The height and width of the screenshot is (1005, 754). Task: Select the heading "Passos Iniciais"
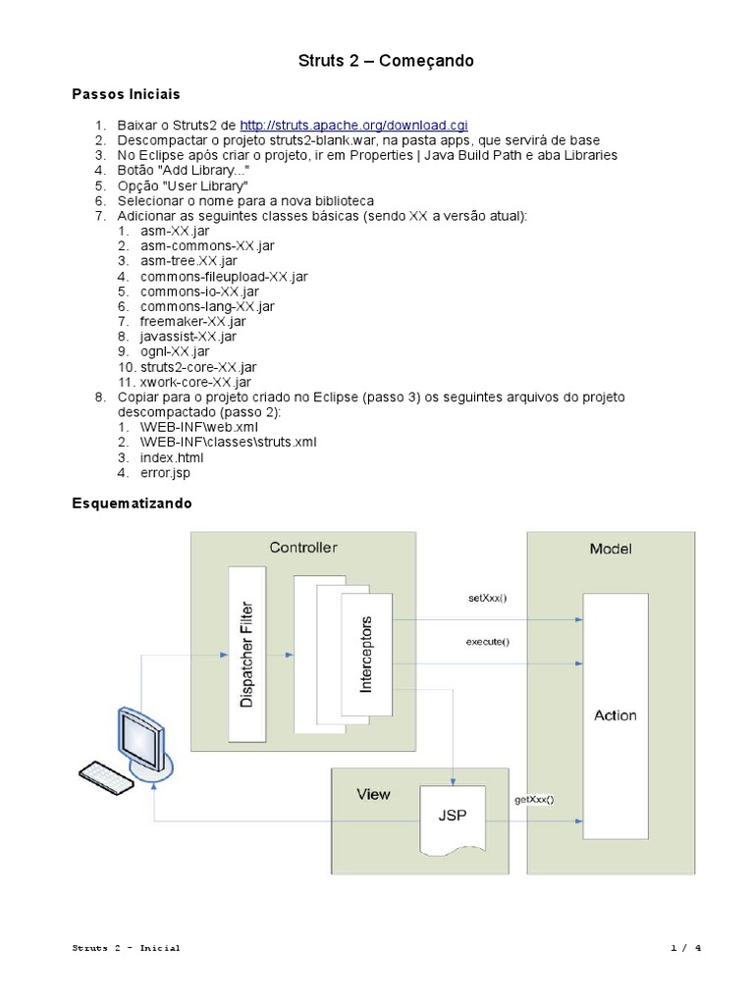(127, 94)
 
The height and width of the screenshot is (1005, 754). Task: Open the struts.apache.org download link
(353, 126)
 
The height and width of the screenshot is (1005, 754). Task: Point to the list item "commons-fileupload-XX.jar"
(224, 277)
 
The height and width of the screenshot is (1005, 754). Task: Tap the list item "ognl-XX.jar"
(175, 351)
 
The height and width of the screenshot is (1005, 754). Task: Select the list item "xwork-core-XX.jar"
(195, 382)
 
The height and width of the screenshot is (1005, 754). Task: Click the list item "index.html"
(172, 457)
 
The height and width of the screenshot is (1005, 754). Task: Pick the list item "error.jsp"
(165, 473)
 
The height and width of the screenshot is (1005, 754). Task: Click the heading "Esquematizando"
(133, 503)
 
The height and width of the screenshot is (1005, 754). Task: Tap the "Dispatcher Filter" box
(247, 654)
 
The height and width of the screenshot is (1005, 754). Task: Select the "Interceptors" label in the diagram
(366, 655)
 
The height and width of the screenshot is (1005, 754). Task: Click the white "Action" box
(615, 714)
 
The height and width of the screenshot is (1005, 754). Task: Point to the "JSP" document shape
(452, 816)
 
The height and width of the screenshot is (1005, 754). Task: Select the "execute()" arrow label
(487, 643)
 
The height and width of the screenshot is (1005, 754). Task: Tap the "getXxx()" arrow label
(534, 799)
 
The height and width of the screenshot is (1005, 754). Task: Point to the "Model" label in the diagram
(611, 549)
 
